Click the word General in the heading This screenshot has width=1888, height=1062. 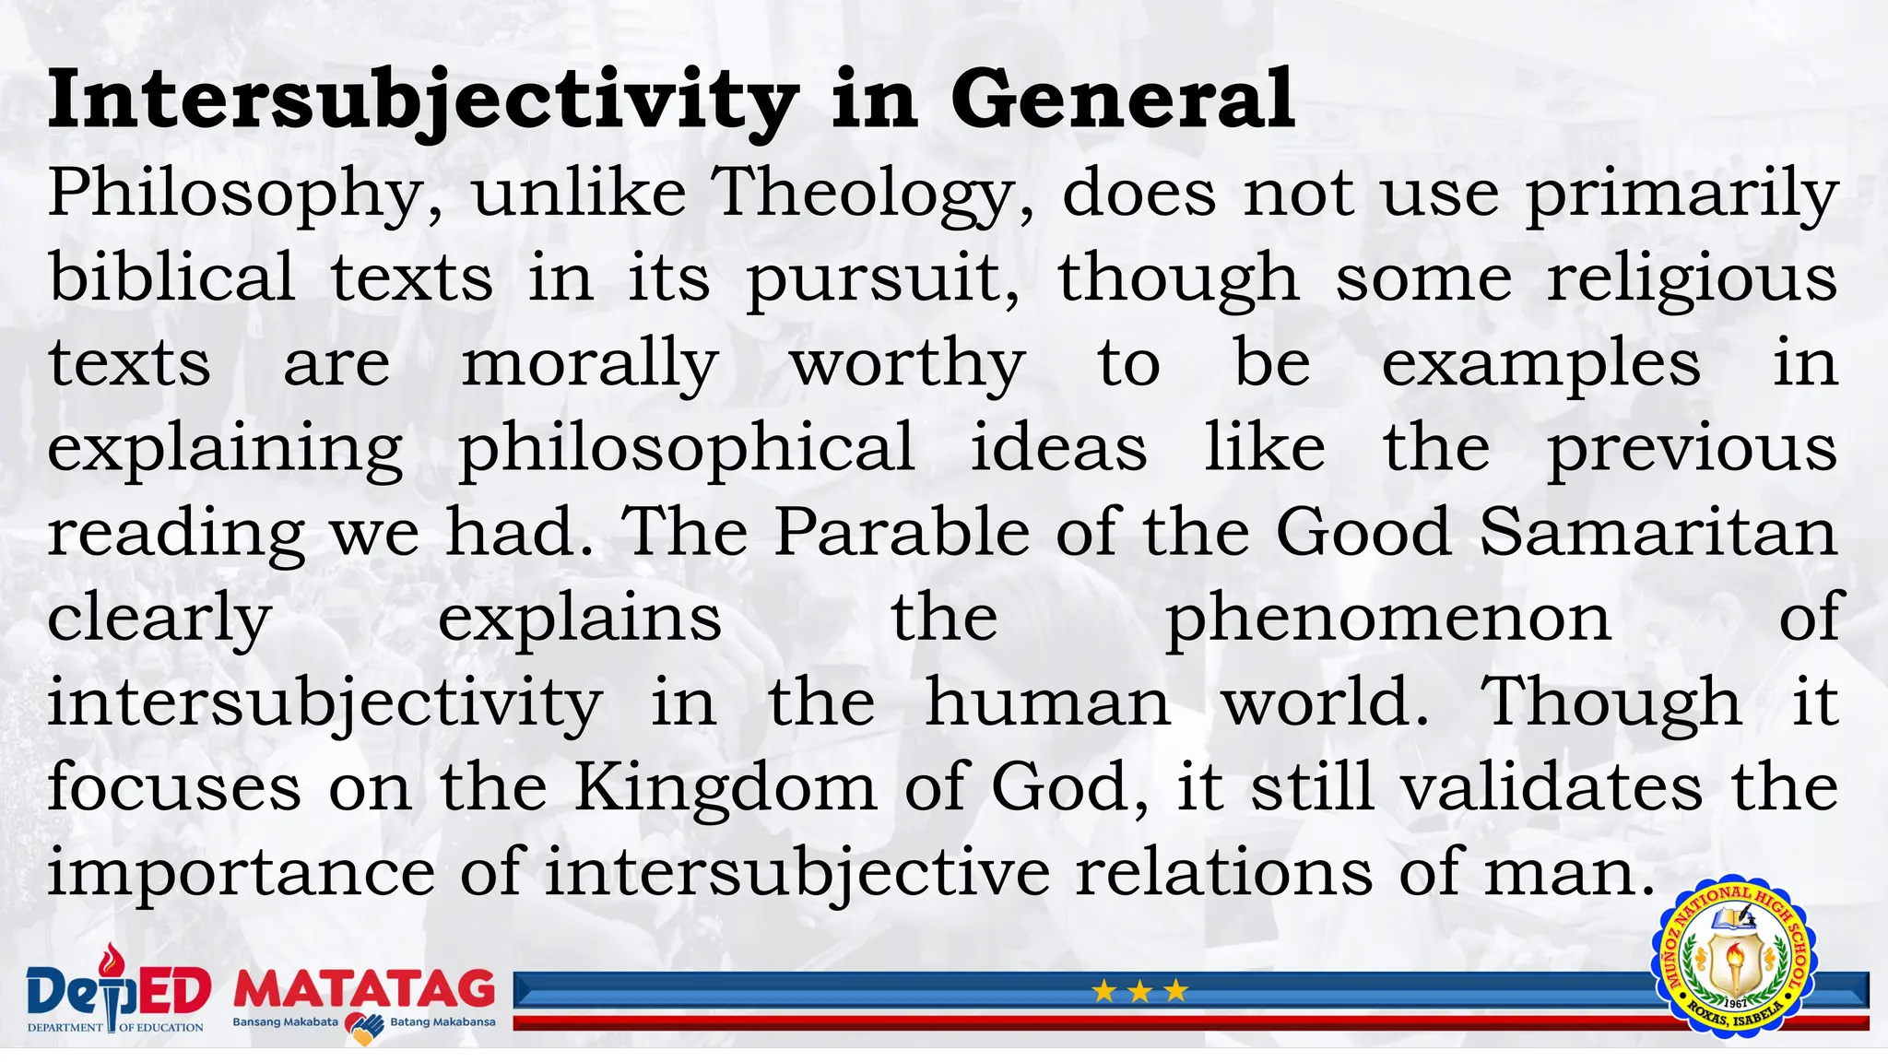coord(1122,100)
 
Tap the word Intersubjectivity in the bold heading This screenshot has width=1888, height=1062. coord(423,100)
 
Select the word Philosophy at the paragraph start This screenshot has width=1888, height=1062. coord(245,194)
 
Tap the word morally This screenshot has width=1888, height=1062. coord(590,363)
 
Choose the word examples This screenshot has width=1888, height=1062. coord(1540,363)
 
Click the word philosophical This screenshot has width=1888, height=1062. coord(687,448)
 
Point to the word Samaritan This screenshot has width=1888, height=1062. coord(1658,533)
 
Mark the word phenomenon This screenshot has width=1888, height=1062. coord(1388,618)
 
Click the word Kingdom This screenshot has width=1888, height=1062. coord(726,788)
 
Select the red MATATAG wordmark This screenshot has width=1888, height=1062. coord(364,989)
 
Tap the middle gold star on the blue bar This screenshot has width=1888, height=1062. coord(1139,992)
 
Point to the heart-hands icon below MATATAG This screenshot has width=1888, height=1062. coord(364,1028)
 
